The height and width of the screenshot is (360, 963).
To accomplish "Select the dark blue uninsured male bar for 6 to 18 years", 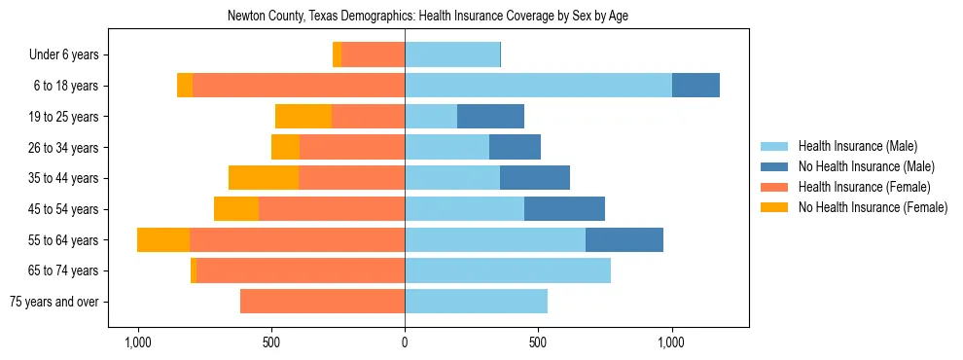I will (x=695, y=86).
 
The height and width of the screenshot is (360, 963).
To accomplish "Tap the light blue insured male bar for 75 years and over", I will (x=476, y=302).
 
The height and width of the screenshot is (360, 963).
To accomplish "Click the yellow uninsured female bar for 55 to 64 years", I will (x=163, y=240).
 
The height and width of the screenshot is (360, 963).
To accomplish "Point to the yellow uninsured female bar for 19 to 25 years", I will (x=303, y=117).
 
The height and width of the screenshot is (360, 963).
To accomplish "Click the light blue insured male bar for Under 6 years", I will (x=452, y=54).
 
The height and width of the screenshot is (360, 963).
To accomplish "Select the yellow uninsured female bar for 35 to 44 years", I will (x=264, y=178).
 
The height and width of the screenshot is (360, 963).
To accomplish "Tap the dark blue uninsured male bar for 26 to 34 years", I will (x=515, y=147).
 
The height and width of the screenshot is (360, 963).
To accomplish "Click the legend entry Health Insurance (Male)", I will (x=857, y=147).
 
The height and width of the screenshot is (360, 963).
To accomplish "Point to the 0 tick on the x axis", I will (x=405, y=342).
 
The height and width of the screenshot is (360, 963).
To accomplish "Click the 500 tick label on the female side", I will (x=271, y=342).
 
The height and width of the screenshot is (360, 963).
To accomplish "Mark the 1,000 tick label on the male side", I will (x=672, y=342).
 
